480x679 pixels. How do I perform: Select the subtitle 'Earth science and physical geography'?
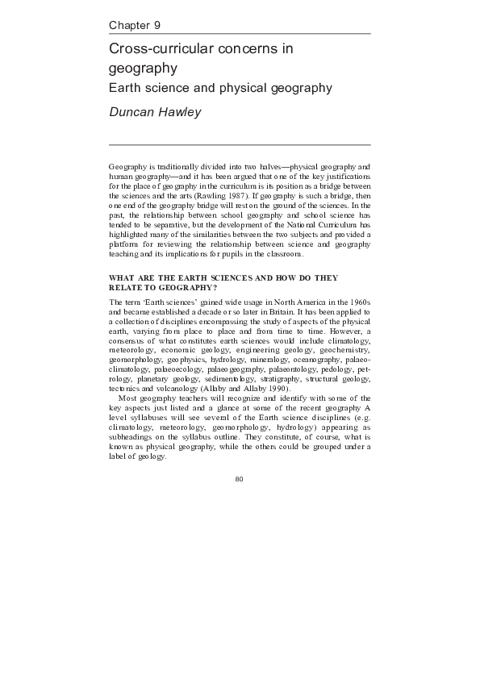coord(220,86)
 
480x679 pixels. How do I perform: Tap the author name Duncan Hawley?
coord(155,112)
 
